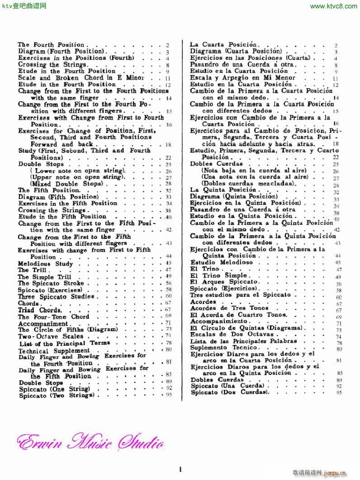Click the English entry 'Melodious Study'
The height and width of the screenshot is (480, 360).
45,264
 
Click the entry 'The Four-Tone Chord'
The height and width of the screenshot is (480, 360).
53,317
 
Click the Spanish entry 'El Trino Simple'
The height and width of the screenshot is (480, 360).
218,276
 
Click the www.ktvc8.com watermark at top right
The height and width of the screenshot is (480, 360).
334,6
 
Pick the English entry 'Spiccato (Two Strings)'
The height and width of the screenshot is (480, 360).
57,395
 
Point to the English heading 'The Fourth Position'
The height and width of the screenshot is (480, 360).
51,45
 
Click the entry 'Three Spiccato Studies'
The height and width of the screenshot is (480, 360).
56,297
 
